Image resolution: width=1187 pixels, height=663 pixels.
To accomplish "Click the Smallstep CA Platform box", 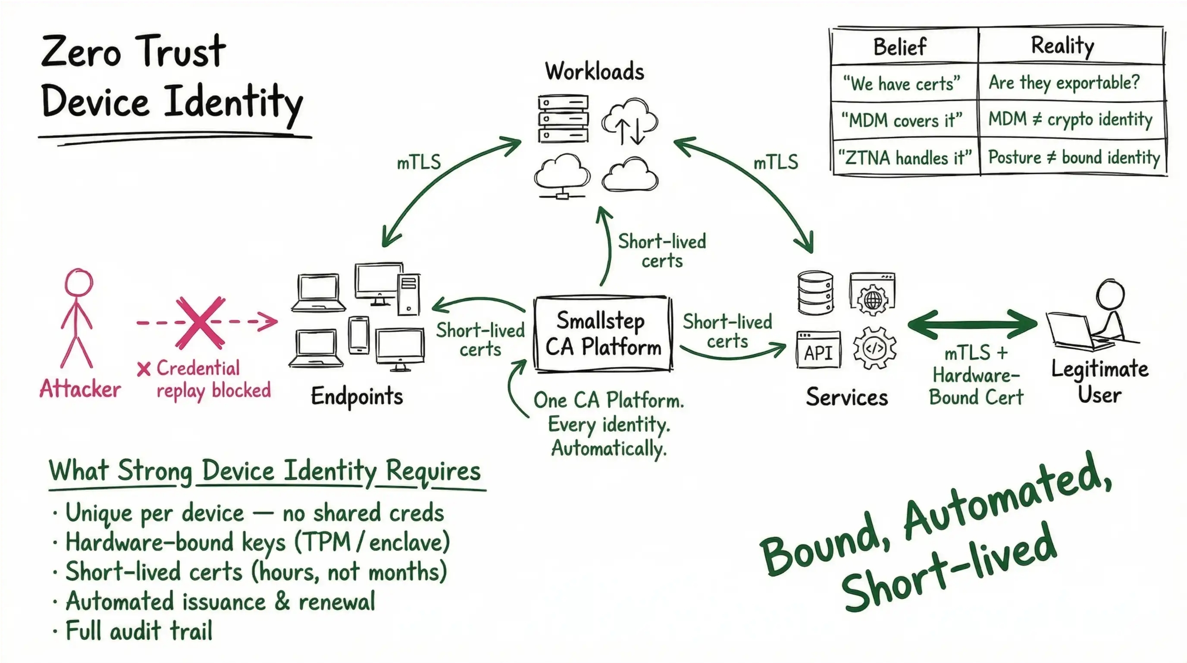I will tap(603, 334).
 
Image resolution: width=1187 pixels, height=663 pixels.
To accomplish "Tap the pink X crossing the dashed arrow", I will tap(200, 322).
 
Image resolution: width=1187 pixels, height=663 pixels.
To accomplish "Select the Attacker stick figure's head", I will tap(79, 282).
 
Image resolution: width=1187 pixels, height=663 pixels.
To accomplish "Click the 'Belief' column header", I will tap(899, 47).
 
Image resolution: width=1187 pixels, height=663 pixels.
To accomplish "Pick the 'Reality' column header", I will tap(1062, 46).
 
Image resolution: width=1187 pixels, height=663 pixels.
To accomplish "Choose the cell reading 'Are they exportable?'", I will tap(1064, 83).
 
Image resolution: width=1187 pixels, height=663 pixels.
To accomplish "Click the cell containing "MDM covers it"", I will tap(901, 120).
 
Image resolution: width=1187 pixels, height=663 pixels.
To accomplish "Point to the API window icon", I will tap(818, 350).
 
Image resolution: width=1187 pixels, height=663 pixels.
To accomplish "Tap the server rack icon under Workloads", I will tap(563, 119).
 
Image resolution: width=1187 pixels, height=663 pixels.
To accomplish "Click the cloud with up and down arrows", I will tap(630, 122).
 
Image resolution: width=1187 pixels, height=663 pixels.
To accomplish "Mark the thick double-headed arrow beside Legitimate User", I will tap(972, 324).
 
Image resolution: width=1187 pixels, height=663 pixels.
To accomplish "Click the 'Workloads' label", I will tap(595, 72).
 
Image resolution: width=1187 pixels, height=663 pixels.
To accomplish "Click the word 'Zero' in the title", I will tap(81, 52).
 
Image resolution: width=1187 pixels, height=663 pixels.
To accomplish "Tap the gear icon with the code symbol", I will tap(874, 348).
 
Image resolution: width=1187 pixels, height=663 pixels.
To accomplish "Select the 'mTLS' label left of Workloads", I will tap(418, 162).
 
